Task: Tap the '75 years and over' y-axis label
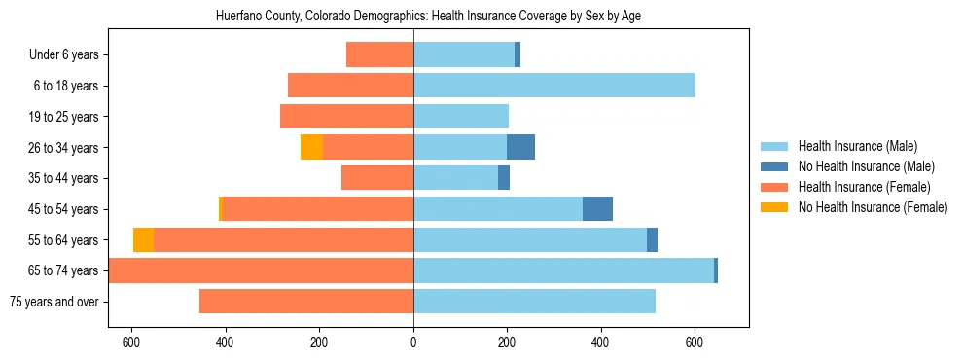(x=54, y=302)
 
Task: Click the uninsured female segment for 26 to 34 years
(x=311, y=147)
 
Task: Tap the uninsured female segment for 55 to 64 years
(x=143, y=239)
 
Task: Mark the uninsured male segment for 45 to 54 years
(x=597, y=209)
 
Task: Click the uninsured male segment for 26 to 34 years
(x=520, y=147)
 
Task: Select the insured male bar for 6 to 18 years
(x=554, y=86)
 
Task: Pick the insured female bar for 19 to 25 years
(x=346, y=117)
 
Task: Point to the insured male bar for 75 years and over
(x=534, y=302)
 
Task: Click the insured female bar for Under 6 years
(x=379, y=54)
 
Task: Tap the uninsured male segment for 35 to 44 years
(x=504, y=178)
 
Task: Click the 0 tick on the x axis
(x=413, y=342)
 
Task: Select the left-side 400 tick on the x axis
(x=226, y=342)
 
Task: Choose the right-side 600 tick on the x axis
(x=695, y=342)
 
